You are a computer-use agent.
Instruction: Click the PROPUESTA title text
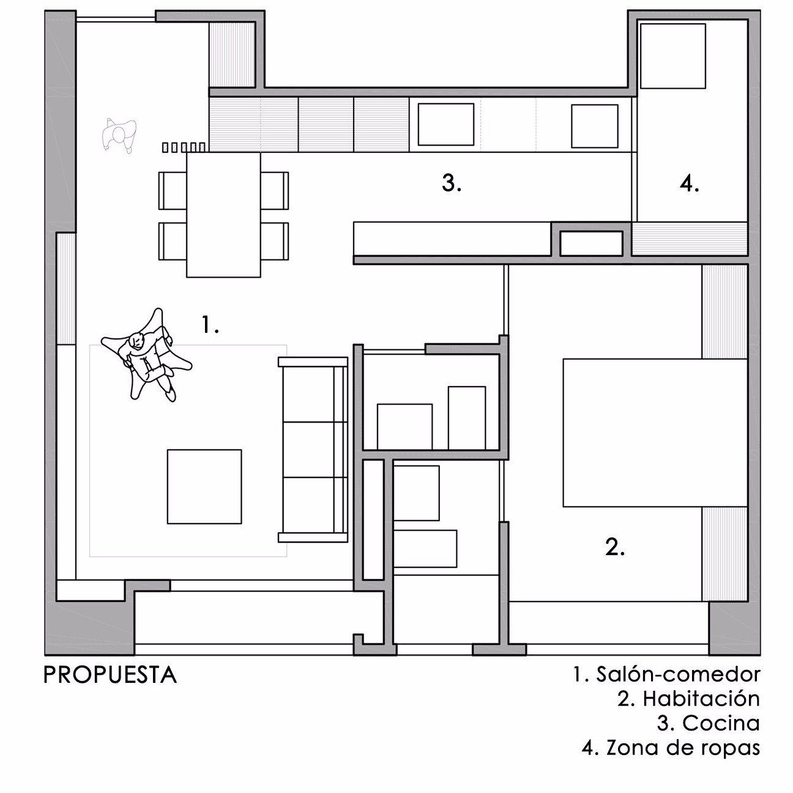[110, 676]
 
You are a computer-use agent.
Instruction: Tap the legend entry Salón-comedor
[667, 674]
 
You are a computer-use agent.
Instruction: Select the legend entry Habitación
[688, 699]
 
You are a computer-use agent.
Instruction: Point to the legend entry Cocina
[709, 723]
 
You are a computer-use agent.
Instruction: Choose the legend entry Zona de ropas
[671, 748]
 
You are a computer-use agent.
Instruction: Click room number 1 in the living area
[210, 324]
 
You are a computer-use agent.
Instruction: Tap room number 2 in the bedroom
[615, 547]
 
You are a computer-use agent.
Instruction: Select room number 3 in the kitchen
[452, 183]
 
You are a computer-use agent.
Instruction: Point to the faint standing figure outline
[119, 135]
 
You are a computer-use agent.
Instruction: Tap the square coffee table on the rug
[204, 486]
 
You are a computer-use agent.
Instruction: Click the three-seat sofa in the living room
[313, 449]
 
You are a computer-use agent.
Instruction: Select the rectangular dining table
[223, 214]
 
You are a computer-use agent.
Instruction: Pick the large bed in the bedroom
[655, 433]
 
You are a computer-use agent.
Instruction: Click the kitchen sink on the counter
[445, 124]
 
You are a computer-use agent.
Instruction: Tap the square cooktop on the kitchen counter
[595, 126]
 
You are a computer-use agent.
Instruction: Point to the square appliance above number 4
[673, 56]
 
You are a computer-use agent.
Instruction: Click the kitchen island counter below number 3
[452, 239]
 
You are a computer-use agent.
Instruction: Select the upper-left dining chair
[173, 190]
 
